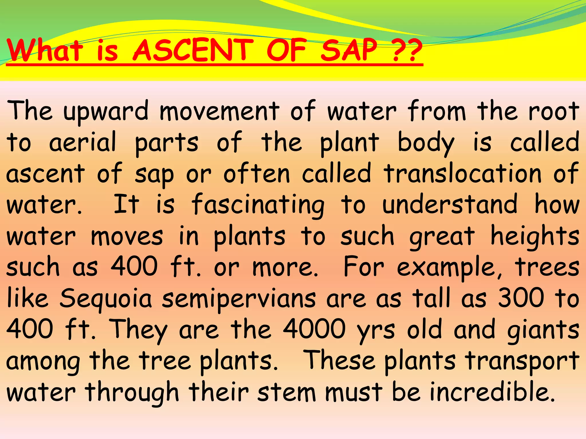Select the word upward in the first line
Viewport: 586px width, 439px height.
click(x=106, y=111)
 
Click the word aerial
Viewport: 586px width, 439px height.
click(x=83, y=142)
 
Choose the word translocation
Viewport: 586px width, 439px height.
click(x=463, y=173)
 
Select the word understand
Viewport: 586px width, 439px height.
click(x=450, y=205)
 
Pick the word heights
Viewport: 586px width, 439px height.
click(x=535, y=237)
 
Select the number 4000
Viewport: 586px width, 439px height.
click(x=314, y=329)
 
